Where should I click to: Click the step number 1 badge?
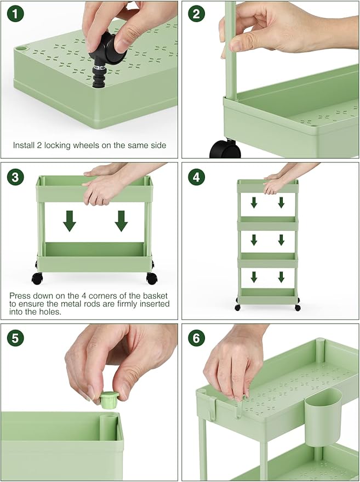click(15, 14)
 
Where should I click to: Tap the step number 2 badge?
click(196, 14)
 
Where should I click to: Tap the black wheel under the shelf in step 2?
click(225, 149)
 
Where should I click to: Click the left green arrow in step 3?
click(70, 221)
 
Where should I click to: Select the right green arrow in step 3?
click(121, 221)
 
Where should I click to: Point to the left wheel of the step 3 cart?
click(37, 278)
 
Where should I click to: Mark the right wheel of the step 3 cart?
click(152, 278)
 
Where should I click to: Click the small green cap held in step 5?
click(110, 400)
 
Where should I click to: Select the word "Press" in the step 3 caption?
click(20, 296)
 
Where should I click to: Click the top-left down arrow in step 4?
click(254, 202)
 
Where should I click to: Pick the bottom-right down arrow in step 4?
click(281, 277)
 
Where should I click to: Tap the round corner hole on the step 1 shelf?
click(21, 48)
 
